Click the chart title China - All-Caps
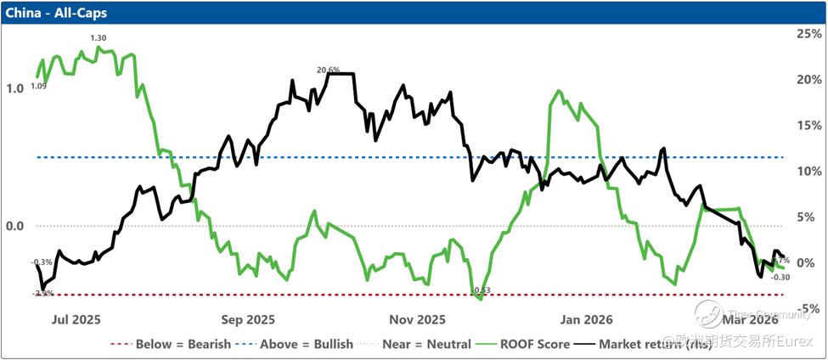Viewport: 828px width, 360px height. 49,13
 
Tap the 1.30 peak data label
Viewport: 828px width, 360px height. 99,38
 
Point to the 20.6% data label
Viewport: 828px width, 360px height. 328,70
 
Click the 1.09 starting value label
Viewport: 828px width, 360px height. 38,86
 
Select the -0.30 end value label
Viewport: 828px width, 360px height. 780,278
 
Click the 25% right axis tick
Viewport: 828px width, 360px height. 806,34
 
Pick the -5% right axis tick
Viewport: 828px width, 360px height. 806,308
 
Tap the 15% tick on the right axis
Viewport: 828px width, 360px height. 806,126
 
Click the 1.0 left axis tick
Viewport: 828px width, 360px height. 14,88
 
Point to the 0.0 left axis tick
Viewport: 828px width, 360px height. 14,226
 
